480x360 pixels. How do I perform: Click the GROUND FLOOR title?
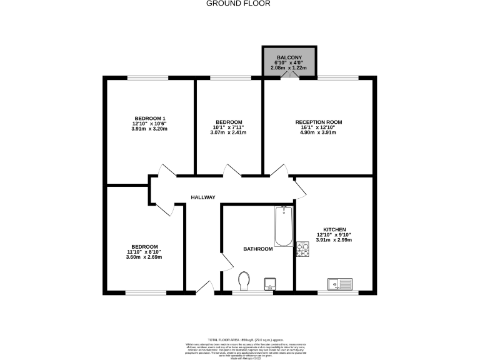coord(240,4)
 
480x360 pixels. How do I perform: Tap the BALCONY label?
coord(289,57)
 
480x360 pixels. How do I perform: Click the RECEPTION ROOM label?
coord(319,122)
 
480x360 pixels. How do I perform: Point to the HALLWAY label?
coord(203,197)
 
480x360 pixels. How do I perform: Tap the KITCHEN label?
coord(334,229)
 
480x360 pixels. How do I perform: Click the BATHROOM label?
coord(258,249)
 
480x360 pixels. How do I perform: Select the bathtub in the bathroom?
coord(283,226)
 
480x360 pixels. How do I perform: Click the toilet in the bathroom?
coord(244,281)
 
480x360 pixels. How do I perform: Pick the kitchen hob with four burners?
coord(303,249)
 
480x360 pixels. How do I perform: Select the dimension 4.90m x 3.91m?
coord(319,132)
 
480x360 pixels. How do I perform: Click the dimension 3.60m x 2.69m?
coord(144,257)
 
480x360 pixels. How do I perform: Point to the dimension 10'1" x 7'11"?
coord(229,127)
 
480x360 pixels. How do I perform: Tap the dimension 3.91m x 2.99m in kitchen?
coord(334,240)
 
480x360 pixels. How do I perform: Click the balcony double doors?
coord(289,74)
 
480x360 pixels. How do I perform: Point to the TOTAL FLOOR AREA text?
coord(240,337)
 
